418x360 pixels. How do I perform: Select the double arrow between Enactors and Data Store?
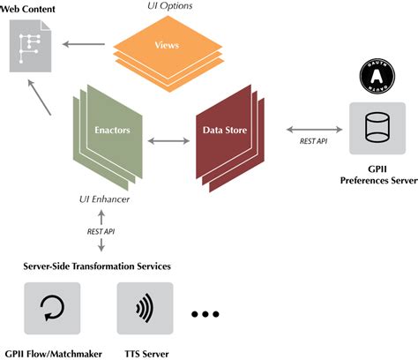[162, 139]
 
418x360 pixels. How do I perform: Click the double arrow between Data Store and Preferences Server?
[312, 127]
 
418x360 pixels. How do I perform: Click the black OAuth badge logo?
[377, 76]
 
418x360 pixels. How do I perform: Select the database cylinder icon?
[377, 129]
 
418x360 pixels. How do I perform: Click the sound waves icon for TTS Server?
[143, 309]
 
